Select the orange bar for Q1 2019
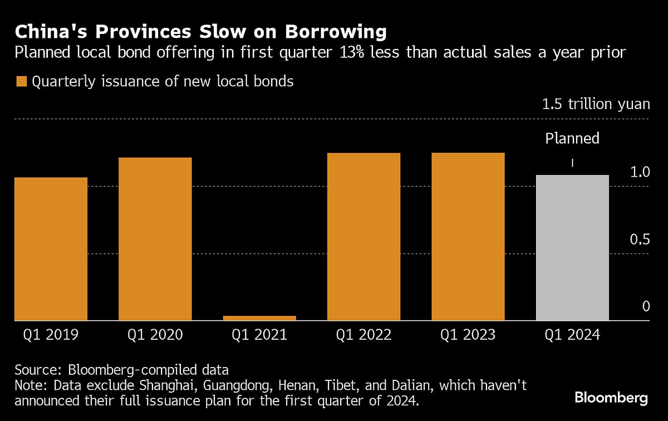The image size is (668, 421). tap(51, 249)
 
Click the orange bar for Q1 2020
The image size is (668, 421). tap(155, 239)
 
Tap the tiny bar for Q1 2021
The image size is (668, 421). tap(259, 318)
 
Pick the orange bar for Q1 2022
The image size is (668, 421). tap(364, 236)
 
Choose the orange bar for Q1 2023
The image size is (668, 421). tap(468, 236)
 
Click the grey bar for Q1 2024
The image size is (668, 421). tap(572, 247)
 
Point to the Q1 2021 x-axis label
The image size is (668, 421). tap(259, 335)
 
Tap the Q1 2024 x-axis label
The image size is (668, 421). tap(572, 335)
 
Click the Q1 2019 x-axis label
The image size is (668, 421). tap(51, 335)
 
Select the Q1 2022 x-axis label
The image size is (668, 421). tap(364, 335)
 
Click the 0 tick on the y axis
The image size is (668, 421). tap(646, 306)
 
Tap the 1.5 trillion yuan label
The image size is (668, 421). tap(596, 105)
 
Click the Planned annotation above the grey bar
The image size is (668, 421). tap(572, 138)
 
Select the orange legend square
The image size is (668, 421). tap(22, 82)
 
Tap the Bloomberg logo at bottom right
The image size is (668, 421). tap(611, 398)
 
